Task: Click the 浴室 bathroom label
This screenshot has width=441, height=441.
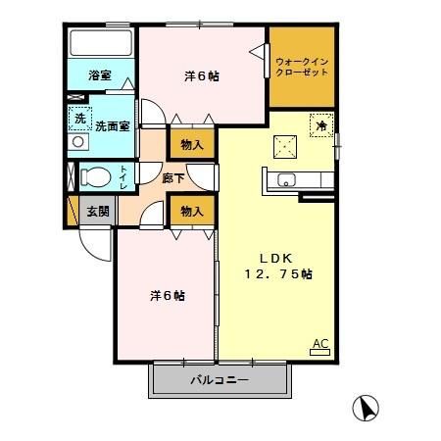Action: tap(98, 75)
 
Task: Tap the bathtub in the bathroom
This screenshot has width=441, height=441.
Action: tap(99, 45)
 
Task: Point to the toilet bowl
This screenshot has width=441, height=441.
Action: tap(95, 177)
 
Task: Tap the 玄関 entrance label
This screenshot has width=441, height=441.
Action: tap(97, 211)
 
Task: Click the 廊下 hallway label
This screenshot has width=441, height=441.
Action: tap(147, 178)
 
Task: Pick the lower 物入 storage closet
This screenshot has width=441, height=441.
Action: tap(192, 211)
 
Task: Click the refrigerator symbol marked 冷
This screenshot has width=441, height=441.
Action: tap(319, 123)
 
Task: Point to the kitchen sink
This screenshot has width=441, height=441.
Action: tap(287, 180)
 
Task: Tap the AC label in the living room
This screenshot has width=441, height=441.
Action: tap(319, 343)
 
